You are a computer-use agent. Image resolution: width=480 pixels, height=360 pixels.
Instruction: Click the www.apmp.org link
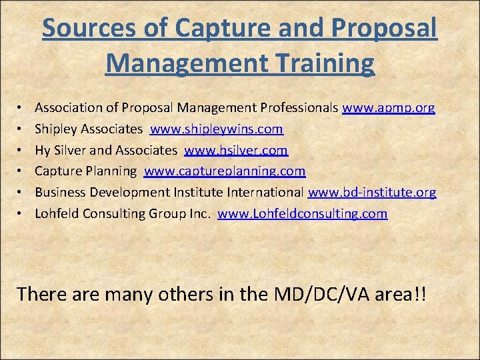coord(389,107)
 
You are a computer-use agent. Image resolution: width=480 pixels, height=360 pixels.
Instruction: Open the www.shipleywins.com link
coord(217,129)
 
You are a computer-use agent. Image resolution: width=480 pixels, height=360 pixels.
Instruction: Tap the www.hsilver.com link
coord(236,150)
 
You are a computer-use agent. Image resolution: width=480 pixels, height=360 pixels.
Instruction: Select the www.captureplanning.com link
coord(225,171)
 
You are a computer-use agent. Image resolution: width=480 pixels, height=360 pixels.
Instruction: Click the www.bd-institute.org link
coord(372,193)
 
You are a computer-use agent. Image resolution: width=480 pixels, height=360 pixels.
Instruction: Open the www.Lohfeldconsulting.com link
coord(302,214)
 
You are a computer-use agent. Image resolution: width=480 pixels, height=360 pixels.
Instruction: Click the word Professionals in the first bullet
coord(301,107)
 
